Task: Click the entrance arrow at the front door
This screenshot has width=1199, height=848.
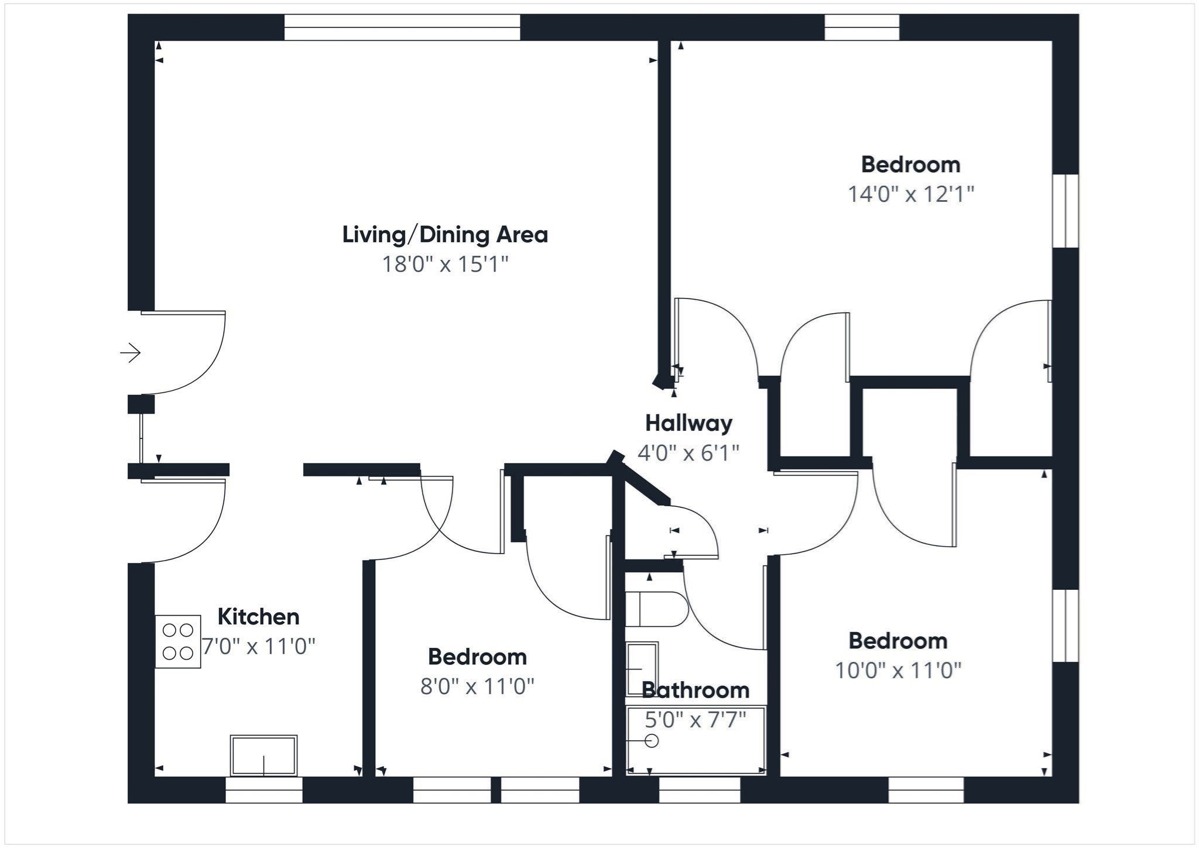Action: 131,353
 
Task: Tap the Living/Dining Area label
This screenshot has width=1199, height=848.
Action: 445,235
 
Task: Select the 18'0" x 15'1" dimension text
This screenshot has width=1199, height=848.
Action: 445,264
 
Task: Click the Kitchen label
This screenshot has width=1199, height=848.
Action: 258,617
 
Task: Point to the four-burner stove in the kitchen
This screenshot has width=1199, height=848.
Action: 178,641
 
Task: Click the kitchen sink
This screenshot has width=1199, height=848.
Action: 263,756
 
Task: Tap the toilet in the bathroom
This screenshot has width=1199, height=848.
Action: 656,609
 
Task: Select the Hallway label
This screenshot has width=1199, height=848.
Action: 688,423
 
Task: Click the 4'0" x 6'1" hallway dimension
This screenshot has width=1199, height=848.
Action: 688,453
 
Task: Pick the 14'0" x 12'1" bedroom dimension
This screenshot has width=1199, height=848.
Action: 911,194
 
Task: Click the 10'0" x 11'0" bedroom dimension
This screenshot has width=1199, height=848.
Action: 898,670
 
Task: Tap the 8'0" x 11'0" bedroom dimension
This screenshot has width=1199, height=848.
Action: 477,686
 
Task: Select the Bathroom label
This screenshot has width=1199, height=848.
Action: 696,691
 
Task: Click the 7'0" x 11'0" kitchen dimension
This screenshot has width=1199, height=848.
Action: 258,647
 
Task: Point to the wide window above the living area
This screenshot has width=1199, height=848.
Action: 402,28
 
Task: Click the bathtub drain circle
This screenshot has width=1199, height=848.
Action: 652,741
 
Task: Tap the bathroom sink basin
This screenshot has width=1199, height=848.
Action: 642,669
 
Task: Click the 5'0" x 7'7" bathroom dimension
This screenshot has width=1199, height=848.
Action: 696,720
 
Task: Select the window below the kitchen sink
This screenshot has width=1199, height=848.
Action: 264,789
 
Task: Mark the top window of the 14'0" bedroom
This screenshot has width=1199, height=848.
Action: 862,28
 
